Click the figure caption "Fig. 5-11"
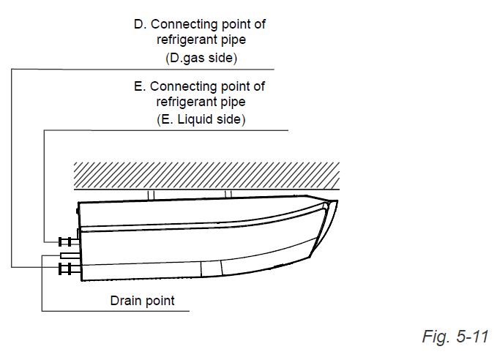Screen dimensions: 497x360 click(455, 336)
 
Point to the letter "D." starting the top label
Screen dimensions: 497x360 click(140, 24)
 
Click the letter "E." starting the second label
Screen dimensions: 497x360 click(140, 86)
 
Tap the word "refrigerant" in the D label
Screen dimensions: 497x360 click(184, 40)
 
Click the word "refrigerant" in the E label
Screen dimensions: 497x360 click(183, 102)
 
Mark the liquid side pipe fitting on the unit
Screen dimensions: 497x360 click(69, 241)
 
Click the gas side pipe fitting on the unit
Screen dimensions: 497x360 click(69, 269)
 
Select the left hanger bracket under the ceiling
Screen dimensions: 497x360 click(151, 195)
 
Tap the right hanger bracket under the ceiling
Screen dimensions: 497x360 click(228, 194)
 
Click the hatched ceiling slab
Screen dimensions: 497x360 click(206, 176)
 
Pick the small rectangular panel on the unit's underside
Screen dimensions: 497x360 click(212, 269)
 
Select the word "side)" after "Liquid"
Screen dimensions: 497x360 click(227, 119)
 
